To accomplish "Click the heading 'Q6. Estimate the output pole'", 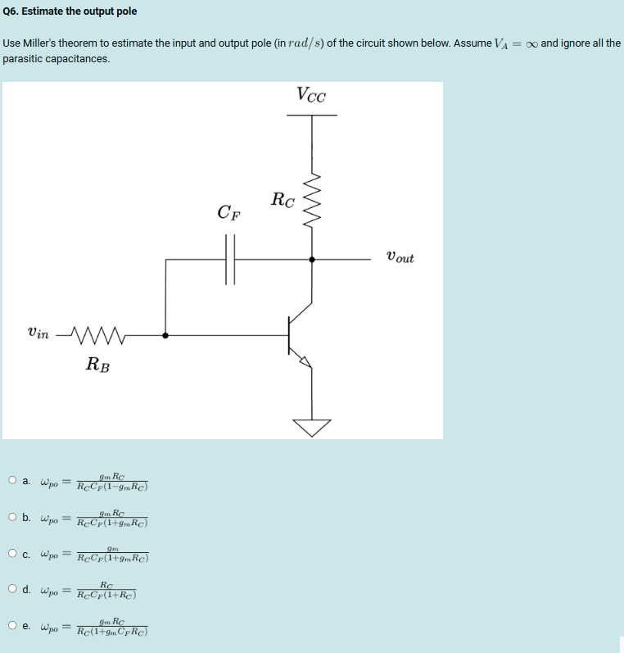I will point(70,11).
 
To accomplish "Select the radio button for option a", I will point(12,480).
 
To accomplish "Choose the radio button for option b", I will point(12,517).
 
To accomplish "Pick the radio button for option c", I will point(12,553).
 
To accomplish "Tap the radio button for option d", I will point(12,589).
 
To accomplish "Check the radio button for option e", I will point(12,626).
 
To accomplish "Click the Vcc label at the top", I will point(311,95).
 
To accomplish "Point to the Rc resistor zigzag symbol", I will point(311,202).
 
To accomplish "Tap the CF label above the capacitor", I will point(229,213).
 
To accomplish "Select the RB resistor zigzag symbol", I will point(97,334).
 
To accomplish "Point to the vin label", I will point(38,333).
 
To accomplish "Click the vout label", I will point(399,258).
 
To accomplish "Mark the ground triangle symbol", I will point(311,427).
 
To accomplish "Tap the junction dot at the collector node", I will point(311,259).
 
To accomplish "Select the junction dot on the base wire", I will point(165,335).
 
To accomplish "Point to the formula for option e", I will point(111,626).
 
